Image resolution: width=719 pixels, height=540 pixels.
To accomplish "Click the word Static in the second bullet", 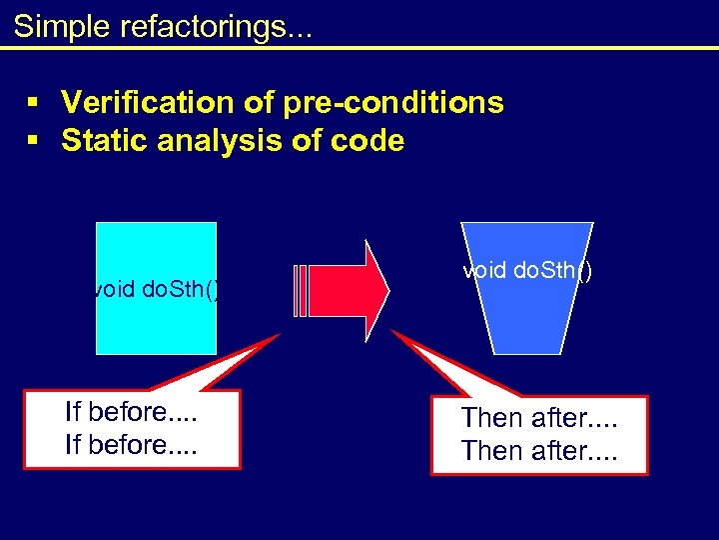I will click(x=101, y=141).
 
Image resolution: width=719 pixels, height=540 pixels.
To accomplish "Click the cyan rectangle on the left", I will click(x=156, y=250).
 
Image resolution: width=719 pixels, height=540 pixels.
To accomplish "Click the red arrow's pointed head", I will click(x=374, y=290).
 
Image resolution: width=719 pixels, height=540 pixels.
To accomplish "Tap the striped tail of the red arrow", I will click(x=303, y=290).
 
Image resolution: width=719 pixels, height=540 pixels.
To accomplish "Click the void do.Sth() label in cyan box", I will click(x=156, y=290).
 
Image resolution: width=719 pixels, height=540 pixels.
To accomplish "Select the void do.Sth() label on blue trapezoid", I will click(x=527, y=271).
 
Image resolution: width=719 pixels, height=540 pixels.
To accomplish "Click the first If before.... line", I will click(x=131, y=412).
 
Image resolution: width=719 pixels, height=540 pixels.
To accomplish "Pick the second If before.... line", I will click(x=131, y=445).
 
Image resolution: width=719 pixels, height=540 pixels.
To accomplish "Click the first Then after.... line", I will click(x=539, y=418).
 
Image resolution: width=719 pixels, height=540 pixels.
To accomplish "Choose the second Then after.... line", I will click(x=539, y=451).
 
